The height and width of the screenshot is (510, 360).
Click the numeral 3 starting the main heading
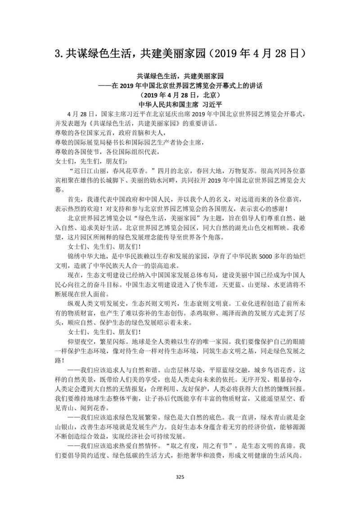point(57,54)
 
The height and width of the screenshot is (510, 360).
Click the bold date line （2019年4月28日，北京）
point(180,95)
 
